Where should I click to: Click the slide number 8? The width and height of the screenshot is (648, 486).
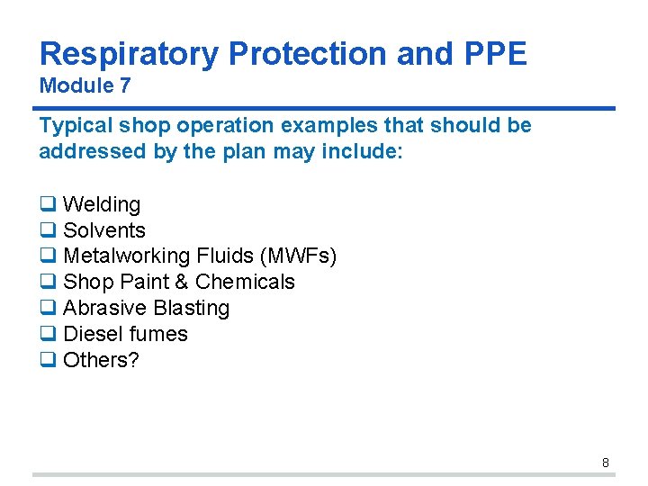[605, 463]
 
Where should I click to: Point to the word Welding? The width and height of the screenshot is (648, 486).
[102, 205]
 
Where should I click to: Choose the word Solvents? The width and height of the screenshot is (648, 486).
[104, 231]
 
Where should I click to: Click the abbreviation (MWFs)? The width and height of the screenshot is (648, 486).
[297, 256]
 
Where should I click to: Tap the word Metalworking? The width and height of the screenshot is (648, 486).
[127, 256]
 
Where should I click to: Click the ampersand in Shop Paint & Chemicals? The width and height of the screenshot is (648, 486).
[181, 283]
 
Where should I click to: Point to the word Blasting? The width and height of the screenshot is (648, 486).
[191, 309]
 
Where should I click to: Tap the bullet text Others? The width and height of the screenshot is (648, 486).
[101, 360]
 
